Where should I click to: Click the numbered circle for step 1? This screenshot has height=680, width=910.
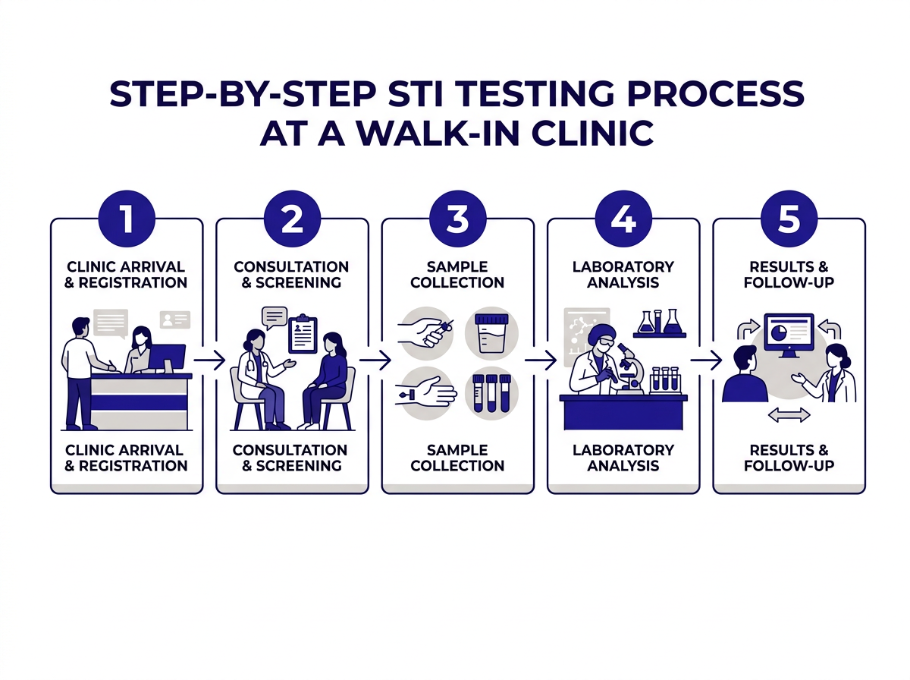tap(127, 220)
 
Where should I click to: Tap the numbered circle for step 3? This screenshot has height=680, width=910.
tap(457, 220)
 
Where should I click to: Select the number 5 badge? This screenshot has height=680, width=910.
tap(789, 220)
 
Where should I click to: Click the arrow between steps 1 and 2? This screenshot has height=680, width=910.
tap(210, 360)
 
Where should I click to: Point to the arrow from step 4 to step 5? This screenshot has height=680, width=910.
tap(705, 360)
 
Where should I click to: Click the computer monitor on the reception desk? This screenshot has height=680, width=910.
tap(167, 357)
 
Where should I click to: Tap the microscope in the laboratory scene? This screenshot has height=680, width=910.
tap(629, 367)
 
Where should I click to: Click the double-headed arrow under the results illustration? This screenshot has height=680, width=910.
tap(789, 415)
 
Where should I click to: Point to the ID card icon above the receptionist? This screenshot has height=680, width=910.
tap(175, 320)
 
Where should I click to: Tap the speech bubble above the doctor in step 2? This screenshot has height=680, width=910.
tap(274, 316)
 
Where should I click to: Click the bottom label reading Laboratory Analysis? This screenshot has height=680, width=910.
tap(623, 458)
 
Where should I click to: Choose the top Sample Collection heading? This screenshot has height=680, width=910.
tap(457, 275)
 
